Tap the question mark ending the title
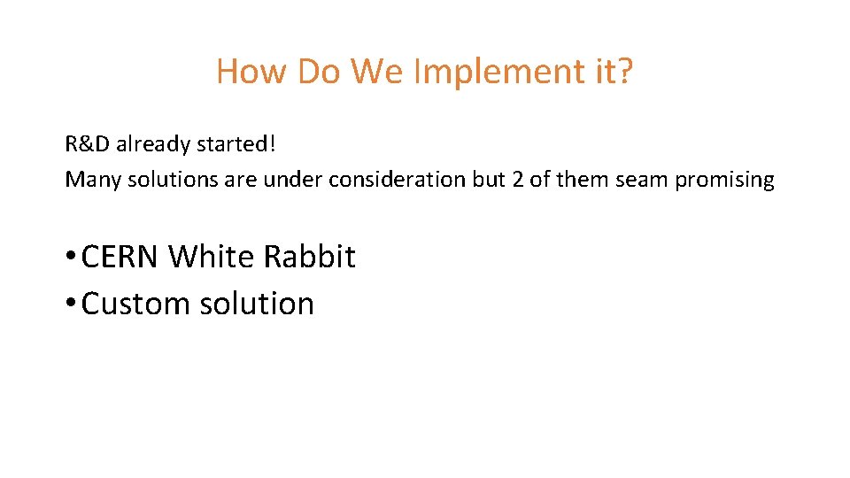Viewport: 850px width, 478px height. (625, 72)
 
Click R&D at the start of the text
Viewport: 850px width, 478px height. (87, 143)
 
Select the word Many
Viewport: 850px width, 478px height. (94, 180)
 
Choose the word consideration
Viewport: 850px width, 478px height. (397, 180)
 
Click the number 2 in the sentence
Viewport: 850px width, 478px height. (517, 180)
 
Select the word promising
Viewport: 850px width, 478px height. (724, 180)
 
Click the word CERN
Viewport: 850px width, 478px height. (120, 258)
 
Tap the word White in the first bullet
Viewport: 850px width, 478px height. (209, 258)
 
